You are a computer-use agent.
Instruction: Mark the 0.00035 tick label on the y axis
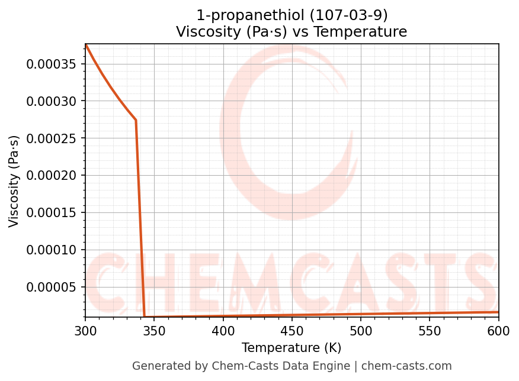(x=52, y=64)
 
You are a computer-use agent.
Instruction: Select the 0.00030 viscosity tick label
(x=52, y=101)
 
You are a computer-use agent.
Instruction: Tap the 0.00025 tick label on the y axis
(x=52, y=138)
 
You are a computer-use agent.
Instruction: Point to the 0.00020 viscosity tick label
(x=52, y=176)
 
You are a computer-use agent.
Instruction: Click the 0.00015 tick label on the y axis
(x=52, y=213)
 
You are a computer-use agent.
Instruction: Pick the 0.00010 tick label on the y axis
(x=52, y=250)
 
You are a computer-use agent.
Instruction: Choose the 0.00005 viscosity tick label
(x=52, y=288)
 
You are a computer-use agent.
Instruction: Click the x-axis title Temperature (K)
(x=291, y=348)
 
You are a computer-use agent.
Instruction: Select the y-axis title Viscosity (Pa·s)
(x=14, y=181)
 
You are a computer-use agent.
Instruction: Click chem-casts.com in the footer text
(x=406, y=366)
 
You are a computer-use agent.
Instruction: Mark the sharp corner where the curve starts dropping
(x=136, y=120)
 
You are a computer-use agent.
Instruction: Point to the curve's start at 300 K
(x=86, y=45)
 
